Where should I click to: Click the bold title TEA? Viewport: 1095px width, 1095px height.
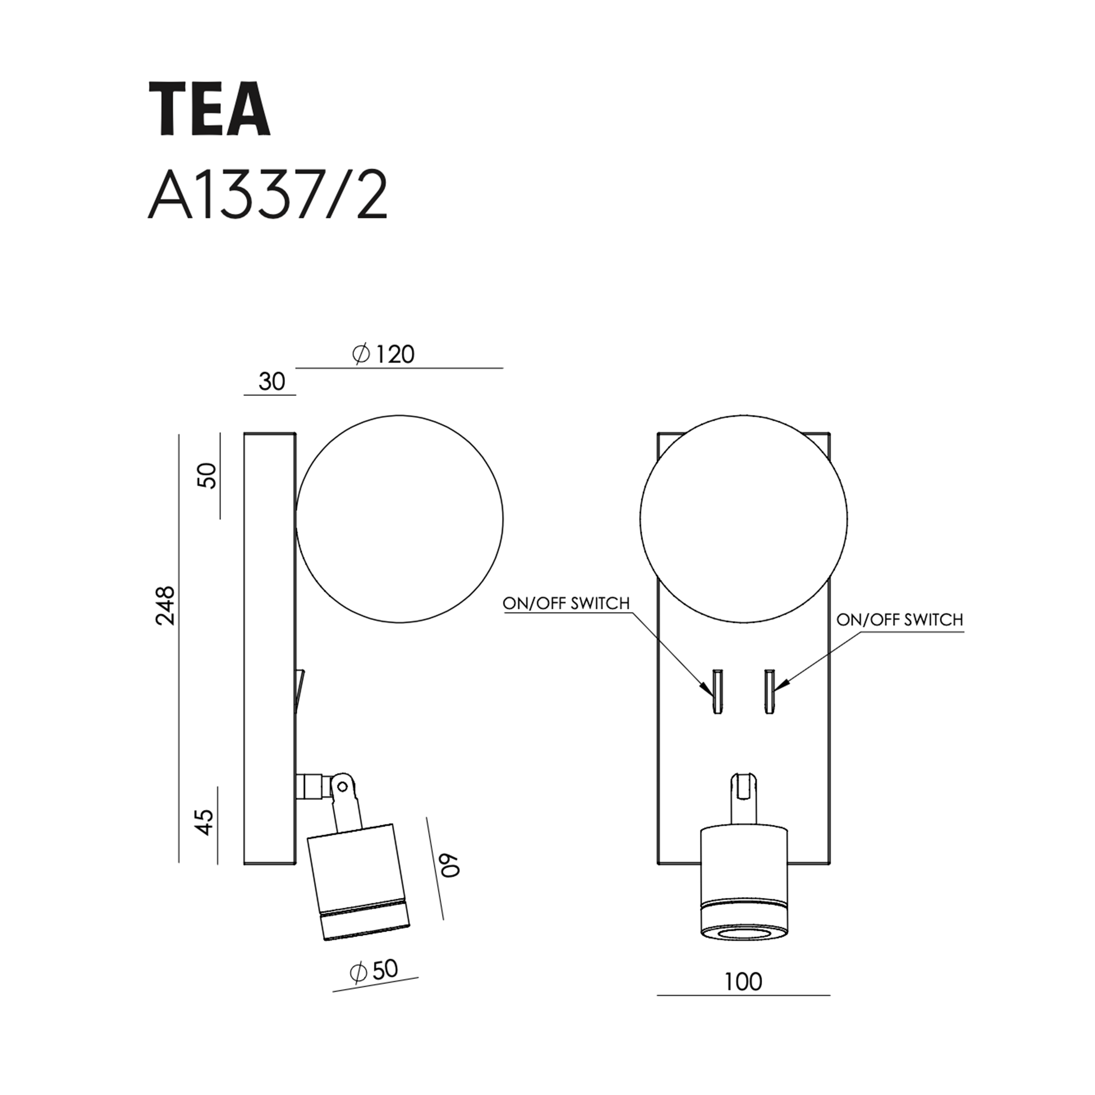[x=210, y=108]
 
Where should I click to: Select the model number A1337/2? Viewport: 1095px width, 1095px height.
[x=268, y=195]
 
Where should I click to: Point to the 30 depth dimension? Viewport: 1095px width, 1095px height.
[x=272, y=381]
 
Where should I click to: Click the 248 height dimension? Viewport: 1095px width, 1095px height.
[x=166, y=606]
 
